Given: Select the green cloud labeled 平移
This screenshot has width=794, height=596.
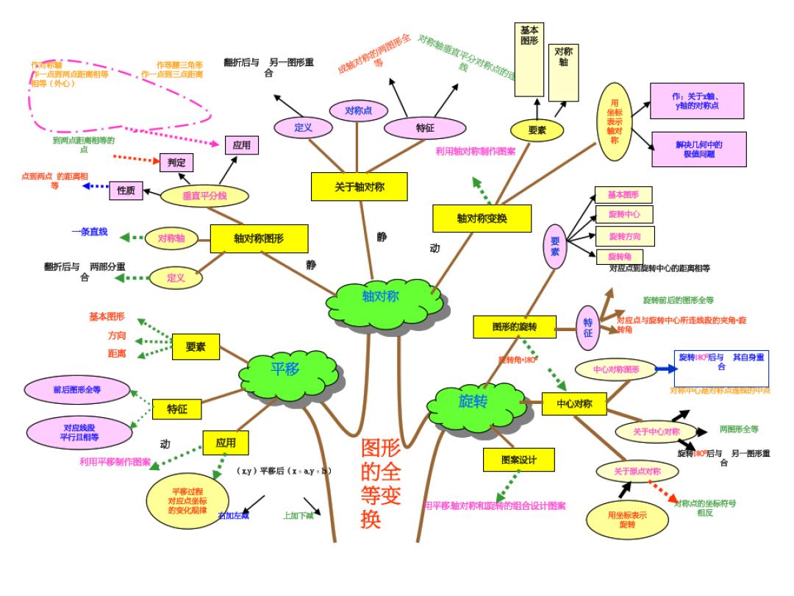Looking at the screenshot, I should click(286, 369).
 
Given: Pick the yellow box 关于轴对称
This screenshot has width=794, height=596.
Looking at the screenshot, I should click(359, 187).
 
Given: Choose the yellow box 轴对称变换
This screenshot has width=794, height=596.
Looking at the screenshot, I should click(482, 218).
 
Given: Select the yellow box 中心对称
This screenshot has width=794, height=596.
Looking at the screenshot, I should click(573, 402).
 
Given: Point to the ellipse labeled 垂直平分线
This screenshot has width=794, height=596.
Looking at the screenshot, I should click(195, 196).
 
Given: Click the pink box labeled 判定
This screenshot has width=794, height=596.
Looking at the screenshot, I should click(176, 162).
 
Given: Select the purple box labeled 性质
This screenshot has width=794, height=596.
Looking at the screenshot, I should click(126, 191).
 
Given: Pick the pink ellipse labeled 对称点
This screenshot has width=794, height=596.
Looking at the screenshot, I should click(357, 111).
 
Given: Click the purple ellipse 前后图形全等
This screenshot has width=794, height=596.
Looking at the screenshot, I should click(77, 390).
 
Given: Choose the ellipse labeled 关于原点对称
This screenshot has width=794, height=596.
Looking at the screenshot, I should click(637, 472).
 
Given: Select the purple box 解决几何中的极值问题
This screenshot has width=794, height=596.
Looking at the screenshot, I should click(698, 150).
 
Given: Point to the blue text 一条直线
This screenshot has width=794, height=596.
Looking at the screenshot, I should click(90, 233).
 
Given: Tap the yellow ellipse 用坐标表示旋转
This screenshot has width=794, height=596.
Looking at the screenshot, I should click(627, 519).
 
